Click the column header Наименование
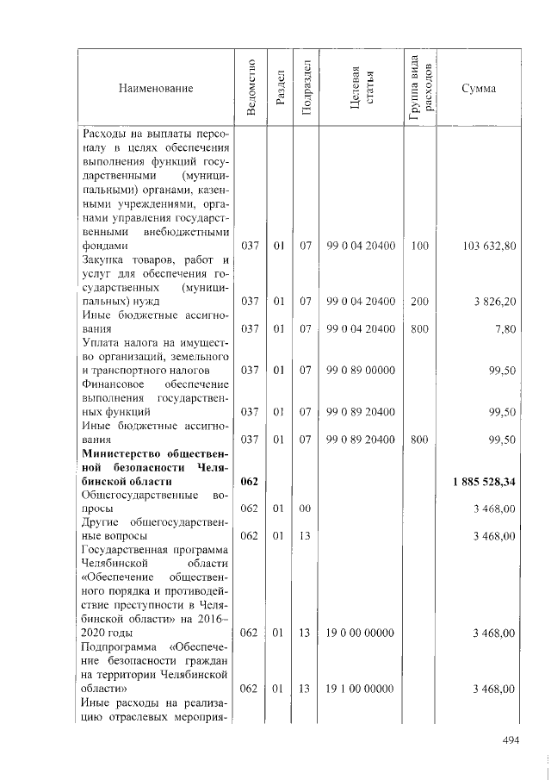click(x=156, y=88)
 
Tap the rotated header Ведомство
click(x=251, y=88)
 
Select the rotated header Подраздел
click(x=304, y=88)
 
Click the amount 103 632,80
click(x=489, y=246)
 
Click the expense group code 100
click(x=419, y=246)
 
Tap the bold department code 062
click(x=250, y=481)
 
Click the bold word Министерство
click(x=121, y=453)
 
